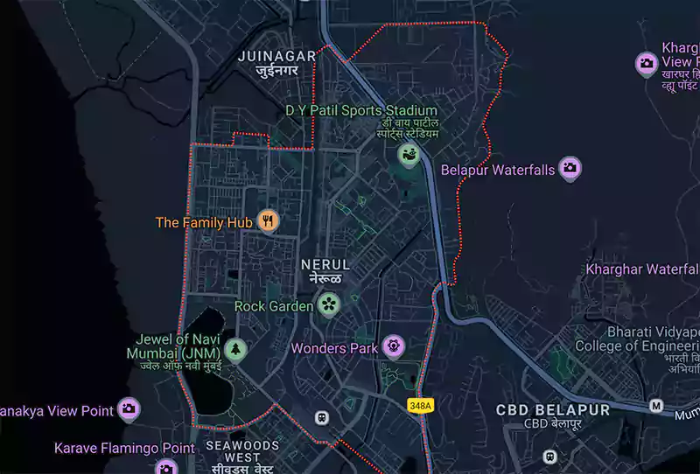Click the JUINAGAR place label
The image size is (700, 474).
[x=277, y=55]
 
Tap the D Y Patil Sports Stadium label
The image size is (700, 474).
[x=361, y=111]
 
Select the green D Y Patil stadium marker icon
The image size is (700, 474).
[x=408, y=156]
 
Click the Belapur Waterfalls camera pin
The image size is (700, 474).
[x=570, y=169]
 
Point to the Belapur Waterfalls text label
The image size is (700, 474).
[x=498, y=170]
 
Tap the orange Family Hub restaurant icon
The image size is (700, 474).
[x=269, y=222]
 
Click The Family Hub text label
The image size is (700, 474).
[x=204, y=223]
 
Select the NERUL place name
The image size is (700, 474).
[x=325, y=264]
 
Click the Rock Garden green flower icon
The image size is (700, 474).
[x=328, y=305]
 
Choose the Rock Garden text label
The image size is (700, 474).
[x=273, y=306]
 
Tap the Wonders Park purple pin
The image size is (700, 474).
[x=394, y=347]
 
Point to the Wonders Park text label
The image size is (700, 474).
[x=334, y=348]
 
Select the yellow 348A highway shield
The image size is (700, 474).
[x=420, y=406]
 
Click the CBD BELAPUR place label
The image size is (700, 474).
[x=552, y=409]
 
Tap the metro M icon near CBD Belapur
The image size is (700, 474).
[x=656, y=406]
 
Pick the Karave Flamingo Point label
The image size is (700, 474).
[x=124, y=448]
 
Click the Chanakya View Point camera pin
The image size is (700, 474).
[x=129, y=408]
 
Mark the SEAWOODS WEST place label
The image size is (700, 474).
[x=242, y=450]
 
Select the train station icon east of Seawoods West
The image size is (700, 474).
[x=322, y=418]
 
